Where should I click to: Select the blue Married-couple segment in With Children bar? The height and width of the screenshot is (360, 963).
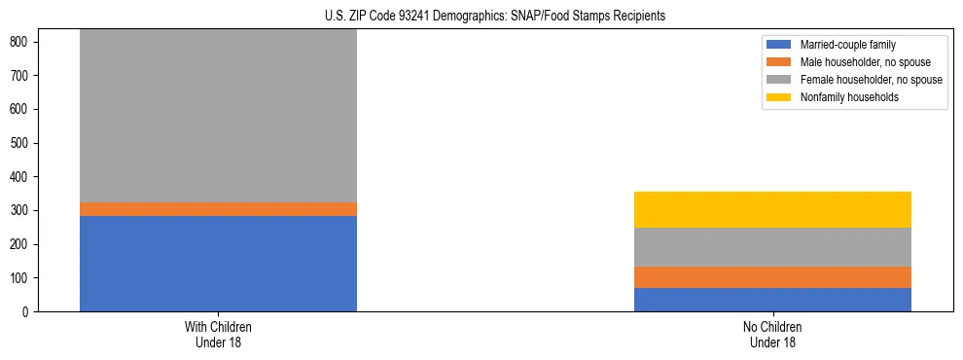pyautogui.click(x=218, y=264)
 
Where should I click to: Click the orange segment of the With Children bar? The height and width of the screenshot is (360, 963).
pyautogui.click(x=218, y=209)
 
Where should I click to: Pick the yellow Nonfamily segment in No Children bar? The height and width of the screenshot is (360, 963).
pyautogui.click(x=772, y=209)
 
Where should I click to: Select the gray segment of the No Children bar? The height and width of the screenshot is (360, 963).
pyautogui.click(x=772, y=247)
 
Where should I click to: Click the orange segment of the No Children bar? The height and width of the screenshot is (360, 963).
pyautogui.click(x=772, y=277)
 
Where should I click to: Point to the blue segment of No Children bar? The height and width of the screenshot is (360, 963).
pyautogui.click(x=772, y=300)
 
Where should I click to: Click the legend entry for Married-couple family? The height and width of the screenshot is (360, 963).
pyautogui.click(x=846, y=45)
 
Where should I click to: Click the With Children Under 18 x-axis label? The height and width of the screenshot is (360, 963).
pyautogui.click(x=218, y=334)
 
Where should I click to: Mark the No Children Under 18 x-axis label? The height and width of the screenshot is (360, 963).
pyautogui.click(x=772, y=334)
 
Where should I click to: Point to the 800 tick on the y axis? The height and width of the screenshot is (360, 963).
pyautogui.click(x=21, y=42)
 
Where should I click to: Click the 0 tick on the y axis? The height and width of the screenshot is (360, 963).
pyautogui.click(x=27, y=312)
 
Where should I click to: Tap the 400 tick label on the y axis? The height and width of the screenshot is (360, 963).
pyautogui.click(x=21, y=177)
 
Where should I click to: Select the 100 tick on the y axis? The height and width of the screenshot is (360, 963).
pyautogui.click(x=21, y=278)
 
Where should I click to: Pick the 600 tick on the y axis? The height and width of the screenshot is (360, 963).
pyautogui.click(x=21, y=109)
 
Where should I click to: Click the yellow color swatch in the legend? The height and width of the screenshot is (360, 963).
pyautogui.click(x=779, y=97)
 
